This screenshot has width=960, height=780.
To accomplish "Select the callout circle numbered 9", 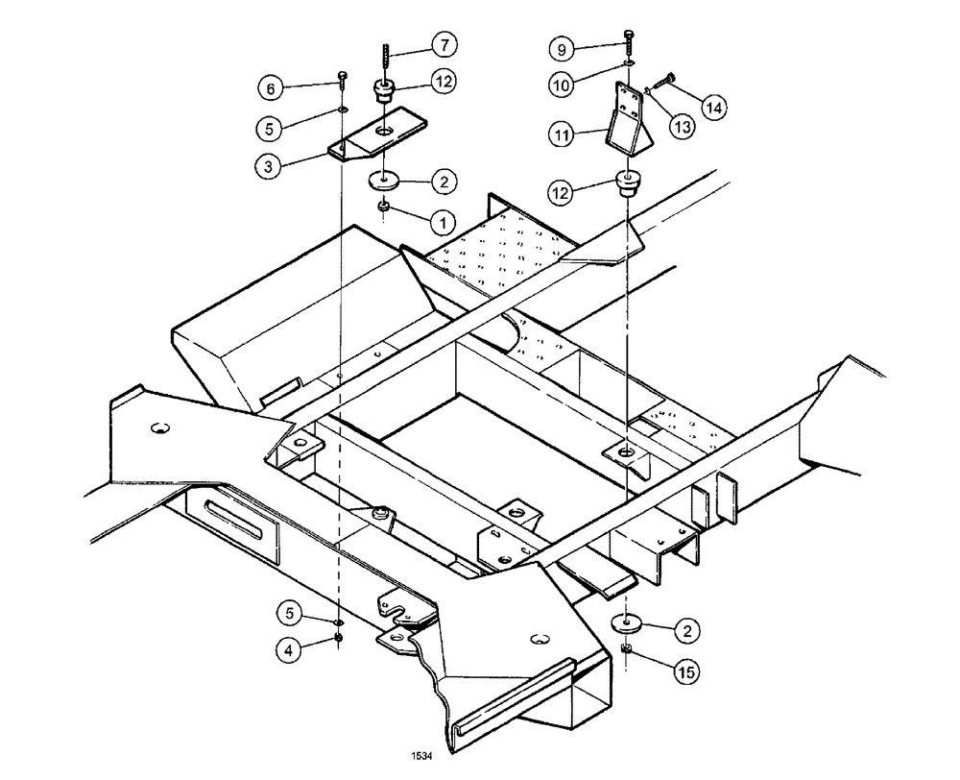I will (x=562, y=47).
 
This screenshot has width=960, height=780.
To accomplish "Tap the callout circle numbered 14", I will (x=713, y=108).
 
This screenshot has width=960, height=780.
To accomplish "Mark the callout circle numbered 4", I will (x=287, y=648).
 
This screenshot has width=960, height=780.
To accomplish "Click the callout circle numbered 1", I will (x=442, y=222).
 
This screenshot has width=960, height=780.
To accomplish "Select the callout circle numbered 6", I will (x=272, y=88).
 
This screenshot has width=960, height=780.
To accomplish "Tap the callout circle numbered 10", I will (x=562, y=85).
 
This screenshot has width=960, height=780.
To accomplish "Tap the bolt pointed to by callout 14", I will (x=663, y=84).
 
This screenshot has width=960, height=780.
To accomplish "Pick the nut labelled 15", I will (x=626, y=652).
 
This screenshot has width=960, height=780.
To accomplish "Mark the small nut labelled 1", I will (x=383, y=207).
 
